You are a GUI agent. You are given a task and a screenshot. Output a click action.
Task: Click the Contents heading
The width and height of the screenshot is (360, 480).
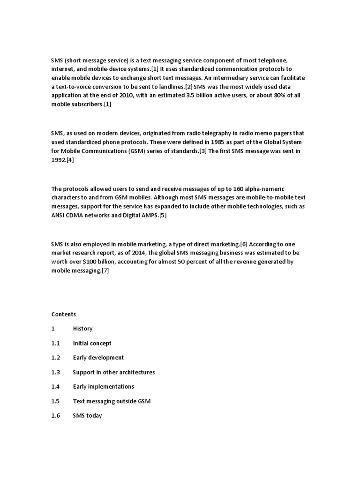[x=64, y=314]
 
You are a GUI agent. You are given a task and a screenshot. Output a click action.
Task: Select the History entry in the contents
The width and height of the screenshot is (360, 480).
[x=82, y=329]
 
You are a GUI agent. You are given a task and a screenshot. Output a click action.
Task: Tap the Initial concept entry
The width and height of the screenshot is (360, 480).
[x=92, y=343]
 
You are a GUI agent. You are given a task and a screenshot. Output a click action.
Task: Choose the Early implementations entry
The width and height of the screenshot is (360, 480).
[x=103, y=386]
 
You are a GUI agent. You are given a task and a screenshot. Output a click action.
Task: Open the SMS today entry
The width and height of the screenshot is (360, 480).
[x=87, y=415]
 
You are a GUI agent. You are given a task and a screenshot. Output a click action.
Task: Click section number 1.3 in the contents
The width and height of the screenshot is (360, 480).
[x=56, y=372]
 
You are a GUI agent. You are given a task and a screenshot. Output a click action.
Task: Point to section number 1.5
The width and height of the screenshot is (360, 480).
[x=56, y=401]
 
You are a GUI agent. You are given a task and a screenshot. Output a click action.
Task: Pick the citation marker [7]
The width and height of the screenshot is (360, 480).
[x=105, y=270]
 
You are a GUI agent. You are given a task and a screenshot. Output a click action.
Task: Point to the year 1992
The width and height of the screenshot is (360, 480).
[x=59, y=160]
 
